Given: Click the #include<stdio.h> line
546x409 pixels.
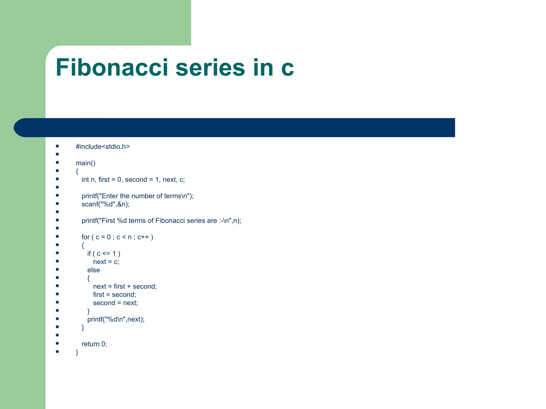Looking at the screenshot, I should point(103,147).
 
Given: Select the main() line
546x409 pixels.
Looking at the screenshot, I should point(86,163).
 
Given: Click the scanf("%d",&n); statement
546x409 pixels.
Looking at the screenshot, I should point(106,204).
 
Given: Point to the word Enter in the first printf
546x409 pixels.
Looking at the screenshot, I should point(110,196).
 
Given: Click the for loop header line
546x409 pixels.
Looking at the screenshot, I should point(117,237).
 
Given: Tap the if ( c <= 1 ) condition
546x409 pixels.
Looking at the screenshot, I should point(104,253).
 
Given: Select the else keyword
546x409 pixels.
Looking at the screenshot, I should point(94,270).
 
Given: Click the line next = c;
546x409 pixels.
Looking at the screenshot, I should point(106,262).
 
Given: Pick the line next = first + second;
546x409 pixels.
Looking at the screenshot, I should point(125,287).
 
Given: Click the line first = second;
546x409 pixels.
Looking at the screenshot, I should point(115,295).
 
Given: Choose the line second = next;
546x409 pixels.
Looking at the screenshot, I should point(115,303).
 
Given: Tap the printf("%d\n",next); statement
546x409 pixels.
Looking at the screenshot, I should point(116,319).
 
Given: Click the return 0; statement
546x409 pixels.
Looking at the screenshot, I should point(94,344).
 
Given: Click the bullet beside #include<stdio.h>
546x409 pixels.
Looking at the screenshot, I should point(57,146).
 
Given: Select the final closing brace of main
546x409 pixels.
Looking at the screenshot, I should point(77,352).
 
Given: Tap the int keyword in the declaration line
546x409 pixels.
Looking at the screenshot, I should point(85,180).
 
